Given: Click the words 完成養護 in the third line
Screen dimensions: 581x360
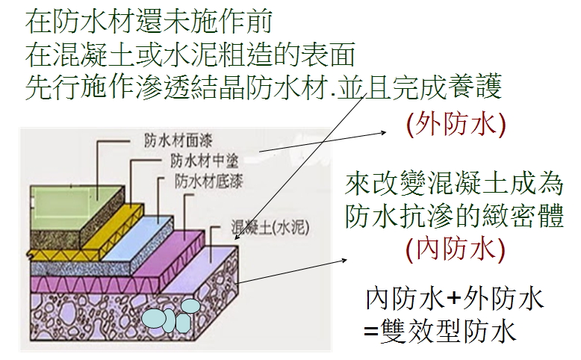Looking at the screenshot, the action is pyautogui.click(x=459, y=88).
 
